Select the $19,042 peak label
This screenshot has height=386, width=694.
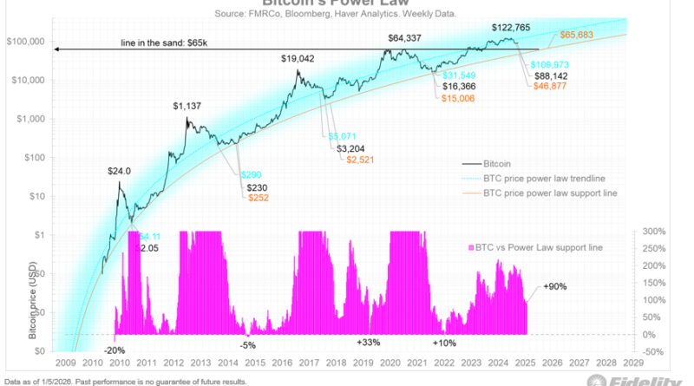click(298, 58)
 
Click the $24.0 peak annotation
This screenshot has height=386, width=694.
click(120, 171)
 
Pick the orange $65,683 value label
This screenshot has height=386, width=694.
click(576, 36)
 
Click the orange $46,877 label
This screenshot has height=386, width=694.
click(550, 87)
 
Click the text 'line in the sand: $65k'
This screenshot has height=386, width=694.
click(169, 43)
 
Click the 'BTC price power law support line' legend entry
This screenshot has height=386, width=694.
click(549, 192)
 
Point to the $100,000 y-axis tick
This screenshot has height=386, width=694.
click(26, 42)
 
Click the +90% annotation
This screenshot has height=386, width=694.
click(556, 285)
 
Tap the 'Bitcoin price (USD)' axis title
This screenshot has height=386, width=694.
click(31, 295)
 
